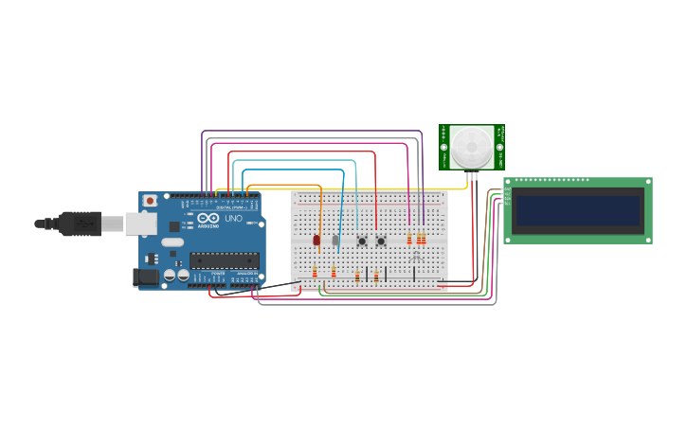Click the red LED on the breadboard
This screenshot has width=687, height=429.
pyautogui.click(x=316, y=241)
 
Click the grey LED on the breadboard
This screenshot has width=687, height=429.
pyautogui.click(x=335, y=241)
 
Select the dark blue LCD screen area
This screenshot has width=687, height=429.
pyautogui.click(x=577, y=210)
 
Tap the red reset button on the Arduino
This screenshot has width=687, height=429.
pyautogui.click(x=150, y=201)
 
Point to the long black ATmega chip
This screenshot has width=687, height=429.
pyautogui.click(x=224, y=259)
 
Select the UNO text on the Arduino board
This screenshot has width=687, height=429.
pyautogui.click(x=233, y=220)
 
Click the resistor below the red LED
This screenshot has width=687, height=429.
pyautogui.click(x=315, y=273)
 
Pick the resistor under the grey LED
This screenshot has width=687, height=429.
pyautogui.click(x=334, y=273)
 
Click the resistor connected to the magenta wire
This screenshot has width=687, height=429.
pyautogui.click(x=409, y=239)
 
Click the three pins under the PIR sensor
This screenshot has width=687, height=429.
pyautogui.click(x=471, y=175)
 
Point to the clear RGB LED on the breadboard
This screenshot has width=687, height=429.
pyautogui.click(x=417, y=256)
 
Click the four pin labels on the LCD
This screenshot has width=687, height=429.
pyautogui.click(x=507, y=197)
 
